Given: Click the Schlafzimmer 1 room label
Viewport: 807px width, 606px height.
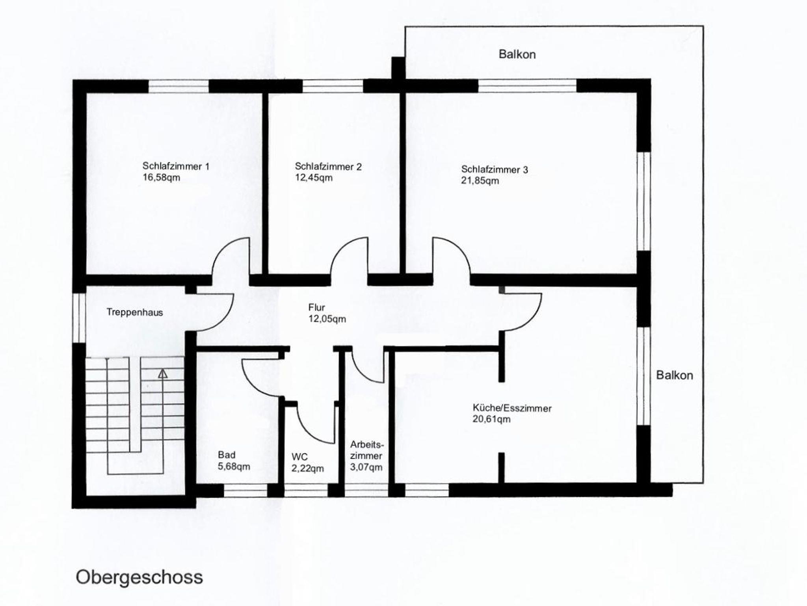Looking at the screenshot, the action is pos(176,166).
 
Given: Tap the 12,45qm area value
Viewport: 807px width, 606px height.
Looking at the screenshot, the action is pos(314,178).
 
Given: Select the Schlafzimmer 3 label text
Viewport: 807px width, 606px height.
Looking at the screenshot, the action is pos(495,170).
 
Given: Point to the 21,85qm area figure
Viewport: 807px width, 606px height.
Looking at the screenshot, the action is pos(480,181).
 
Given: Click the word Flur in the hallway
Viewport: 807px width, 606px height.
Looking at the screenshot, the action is pos(316,307).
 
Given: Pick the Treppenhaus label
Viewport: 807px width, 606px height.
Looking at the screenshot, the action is pos(135,312).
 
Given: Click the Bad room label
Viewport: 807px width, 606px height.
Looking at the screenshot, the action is pos(227,455).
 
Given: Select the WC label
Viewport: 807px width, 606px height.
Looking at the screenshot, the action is pos(299,457).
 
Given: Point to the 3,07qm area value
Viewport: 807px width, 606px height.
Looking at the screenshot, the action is pos(366,468).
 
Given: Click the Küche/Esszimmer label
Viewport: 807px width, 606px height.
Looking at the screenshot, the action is pos(512,408).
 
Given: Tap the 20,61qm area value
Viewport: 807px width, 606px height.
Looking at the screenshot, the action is pos(491,419).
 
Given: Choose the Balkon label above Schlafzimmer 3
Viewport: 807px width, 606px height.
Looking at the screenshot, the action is pos(517,54).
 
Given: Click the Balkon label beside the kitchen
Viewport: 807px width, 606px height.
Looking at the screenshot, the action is pos(674,375).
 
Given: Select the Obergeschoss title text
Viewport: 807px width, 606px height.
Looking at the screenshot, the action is pos(139,578).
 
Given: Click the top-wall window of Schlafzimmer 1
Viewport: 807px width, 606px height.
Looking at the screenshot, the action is pos(179,86).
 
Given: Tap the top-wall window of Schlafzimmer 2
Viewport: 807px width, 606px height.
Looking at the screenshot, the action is pos(332,86).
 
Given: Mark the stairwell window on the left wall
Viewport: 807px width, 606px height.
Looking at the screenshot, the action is pos(79,318).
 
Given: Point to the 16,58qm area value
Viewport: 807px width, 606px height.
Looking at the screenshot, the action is pos(161,178).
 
